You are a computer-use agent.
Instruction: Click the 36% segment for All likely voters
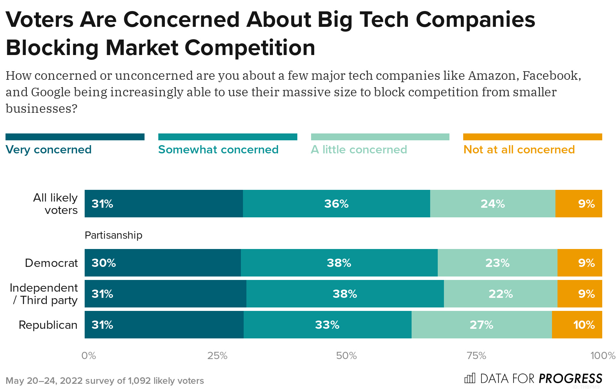click(x=336, y=204)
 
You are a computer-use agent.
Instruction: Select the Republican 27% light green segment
click(x=481, y=325)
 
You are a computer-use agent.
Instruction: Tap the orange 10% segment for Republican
click(x=577, y=325)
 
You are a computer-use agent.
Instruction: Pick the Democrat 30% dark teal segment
click(x=162, y=263)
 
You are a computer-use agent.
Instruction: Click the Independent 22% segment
click(x=500, y=294)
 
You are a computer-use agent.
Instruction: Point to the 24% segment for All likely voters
click(x=492, y=204)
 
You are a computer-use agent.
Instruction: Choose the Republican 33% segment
click(x=327, y=325)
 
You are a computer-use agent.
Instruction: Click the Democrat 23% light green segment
click(x=497, y=263)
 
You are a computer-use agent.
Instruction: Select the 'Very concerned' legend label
click(x=49, y=150)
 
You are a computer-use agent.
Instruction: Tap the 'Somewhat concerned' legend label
click(x=218, y=150)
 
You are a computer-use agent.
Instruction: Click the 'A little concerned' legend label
click(x=359, y=150)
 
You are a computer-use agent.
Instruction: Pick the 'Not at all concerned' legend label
click(x=519, y=150)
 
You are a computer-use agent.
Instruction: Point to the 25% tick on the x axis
click(x=217, y=356)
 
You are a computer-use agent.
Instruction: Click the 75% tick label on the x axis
click(x=476, y=356)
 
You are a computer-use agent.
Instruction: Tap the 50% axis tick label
click(x=346, y=356)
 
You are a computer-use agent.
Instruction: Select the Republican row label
click(x=48, y=325)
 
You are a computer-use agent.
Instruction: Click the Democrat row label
click(x=51, y=263)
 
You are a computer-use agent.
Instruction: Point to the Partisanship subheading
click(x=113, y=235)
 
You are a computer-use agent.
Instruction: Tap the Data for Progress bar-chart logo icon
click(x=470, y=378)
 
